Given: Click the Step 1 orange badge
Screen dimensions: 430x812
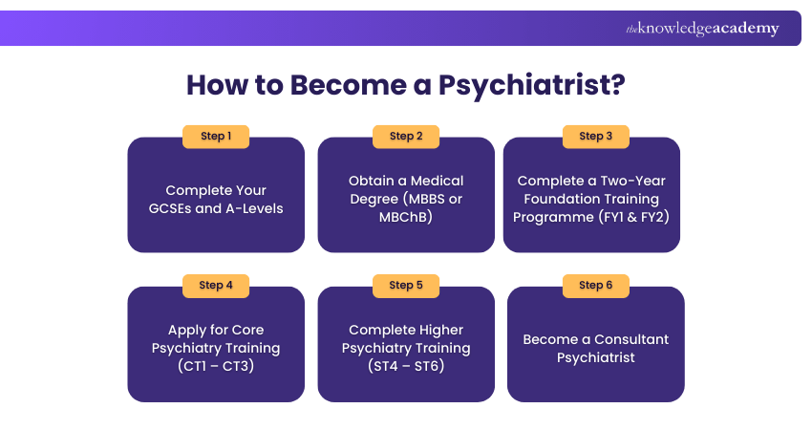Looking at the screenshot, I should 216,137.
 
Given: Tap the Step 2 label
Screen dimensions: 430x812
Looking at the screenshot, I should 406,137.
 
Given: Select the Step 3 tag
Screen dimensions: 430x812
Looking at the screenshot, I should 596,137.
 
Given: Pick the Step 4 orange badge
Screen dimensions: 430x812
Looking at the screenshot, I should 216,286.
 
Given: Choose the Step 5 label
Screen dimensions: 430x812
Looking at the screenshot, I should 406,286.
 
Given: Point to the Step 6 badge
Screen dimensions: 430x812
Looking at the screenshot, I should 596,286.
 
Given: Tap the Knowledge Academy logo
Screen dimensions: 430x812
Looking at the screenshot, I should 702,29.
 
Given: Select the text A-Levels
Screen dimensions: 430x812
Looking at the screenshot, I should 253,208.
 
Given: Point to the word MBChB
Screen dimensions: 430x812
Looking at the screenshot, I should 406,217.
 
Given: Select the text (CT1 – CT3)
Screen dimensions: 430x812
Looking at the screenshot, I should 216,366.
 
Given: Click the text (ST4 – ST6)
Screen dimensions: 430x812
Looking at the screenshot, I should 406,366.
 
